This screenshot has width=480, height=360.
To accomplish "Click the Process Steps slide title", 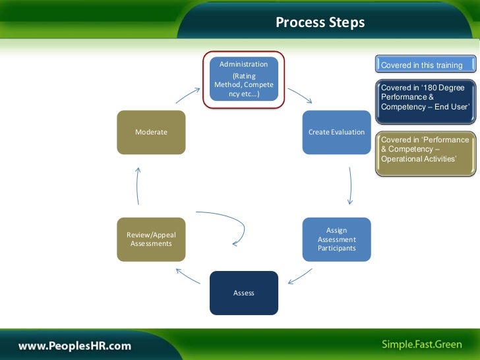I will tap(320, 23).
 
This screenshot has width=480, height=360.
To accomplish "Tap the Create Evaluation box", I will tap(336, 132).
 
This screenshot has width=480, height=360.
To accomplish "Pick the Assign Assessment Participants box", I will tap(336, 239).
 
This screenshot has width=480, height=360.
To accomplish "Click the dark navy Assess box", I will tap(243, 293).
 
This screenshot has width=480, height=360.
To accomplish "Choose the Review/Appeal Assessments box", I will tap(151, 239).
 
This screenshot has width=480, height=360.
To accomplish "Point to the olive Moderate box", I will tap(151, 132).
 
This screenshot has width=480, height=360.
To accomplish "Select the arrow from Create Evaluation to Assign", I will tap(349, 185).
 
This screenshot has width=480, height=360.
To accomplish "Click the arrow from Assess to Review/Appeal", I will tap(188, 274).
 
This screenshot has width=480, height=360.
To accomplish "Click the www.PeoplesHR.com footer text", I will tap(75, 345).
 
